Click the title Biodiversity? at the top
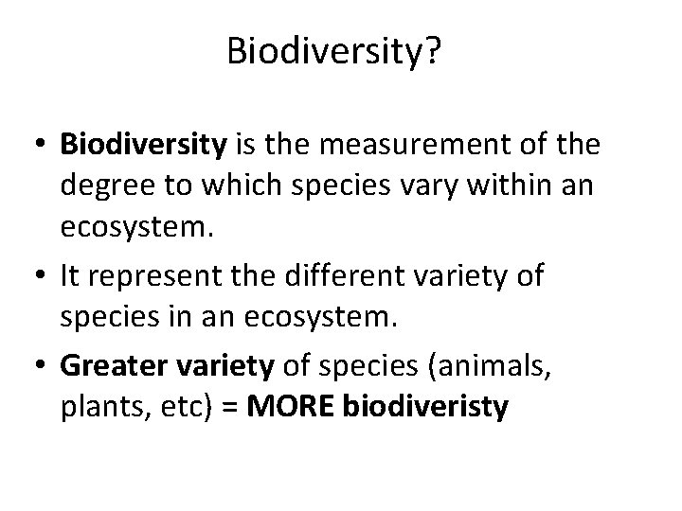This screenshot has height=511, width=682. coord(333,53)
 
